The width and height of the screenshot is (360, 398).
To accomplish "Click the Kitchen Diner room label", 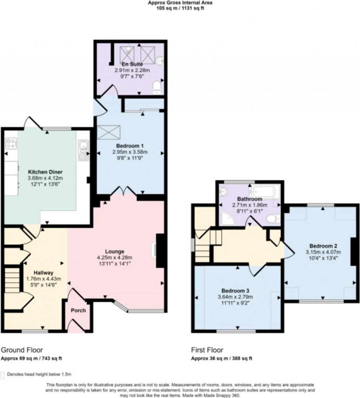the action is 45,172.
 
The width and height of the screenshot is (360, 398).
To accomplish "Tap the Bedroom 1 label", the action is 130,146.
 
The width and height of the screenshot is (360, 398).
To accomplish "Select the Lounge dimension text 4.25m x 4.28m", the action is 115,258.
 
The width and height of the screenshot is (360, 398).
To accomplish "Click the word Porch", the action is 78,310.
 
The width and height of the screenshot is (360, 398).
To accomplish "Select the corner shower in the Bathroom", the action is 228,219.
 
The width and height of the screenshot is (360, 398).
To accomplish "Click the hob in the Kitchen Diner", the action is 11,143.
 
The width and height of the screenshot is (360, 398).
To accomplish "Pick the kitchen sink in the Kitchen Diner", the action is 83,150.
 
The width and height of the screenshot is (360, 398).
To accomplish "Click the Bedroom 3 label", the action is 235,291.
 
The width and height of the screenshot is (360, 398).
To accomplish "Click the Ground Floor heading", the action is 22,350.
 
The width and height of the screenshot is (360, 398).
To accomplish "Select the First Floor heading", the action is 207,350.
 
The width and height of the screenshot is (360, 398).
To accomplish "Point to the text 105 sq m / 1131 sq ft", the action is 180,8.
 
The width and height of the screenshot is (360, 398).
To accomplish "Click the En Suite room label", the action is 132,64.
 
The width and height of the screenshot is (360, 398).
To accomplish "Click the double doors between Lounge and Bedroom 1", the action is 123,191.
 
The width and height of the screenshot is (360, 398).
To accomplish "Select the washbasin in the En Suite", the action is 160,61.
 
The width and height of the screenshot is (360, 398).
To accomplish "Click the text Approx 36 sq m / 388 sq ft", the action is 221,359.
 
